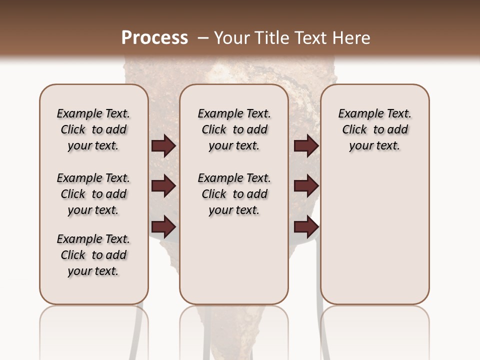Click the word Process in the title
(154, 37)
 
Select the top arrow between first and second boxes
(163, 146)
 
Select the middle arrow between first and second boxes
(163, 186)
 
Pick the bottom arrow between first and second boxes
(163, 227)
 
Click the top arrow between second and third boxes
(306, 146)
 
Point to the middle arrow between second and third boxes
(306, 186)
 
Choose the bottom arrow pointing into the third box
(306, 227)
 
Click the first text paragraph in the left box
(93, 129)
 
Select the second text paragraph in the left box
(93, 194)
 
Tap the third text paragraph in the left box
(93, 255)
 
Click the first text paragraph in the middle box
(234, 129)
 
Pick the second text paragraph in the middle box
(234, 194)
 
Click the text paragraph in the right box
(374, 129)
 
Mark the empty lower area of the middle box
(234, 260)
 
